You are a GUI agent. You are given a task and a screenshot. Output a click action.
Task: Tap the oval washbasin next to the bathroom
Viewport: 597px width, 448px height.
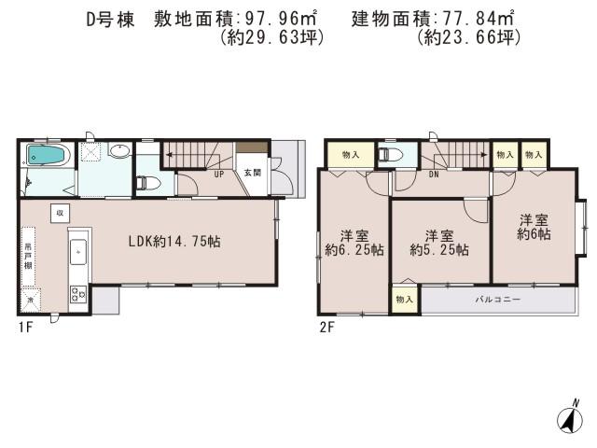[119, 151]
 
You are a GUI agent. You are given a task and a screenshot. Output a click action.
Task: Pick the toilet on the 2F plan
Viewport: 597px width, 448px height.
[390, 155]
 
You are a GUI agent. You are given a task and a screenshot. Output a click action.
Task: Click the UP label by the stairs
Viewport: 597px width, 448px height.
[218, 175]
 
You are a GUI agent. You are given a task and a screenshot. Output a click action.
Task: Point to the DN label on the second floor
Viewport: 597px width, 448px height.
[434, 175]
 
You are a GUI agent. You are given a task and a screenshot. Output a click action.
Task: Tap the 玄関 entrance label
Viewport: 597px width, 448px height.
[253, 173]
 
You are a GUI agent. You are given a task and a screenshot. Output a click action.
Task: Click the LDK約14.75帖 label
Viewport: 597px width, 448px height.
[174, 241]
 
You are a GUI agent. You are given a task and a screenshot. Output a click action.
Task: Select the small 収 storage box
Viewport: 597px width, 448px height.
[58, 212]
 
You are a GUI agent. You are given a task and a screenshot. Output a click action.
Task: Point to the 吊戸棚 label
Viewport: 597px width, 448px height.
[29, 256]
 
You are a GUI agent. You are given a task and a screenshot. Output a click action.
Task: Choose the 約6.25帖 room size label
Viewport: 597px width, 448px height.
[345, 250]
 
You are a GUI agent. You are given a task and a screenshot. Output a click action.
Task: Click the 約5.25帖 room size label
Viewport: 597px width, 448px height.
[439, 250]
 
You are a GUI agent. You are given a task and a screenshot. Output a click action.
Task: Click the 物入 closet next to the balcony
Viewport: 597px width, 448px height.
[404, 300]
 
